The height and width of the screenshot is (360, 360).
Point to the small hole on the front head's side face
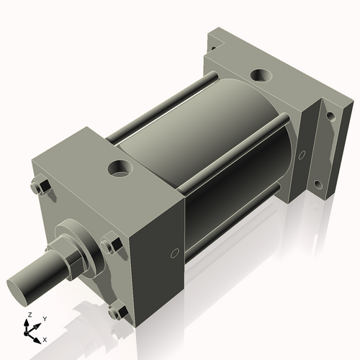[x=174, y=253]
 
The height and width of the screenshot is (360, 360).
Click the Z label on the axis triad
[x=30, y=315]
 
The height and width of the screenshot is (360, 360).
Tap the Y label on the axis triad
[x=44, y=318]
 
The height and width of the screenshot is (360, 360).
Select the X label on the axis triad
[x=45, y=338]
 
